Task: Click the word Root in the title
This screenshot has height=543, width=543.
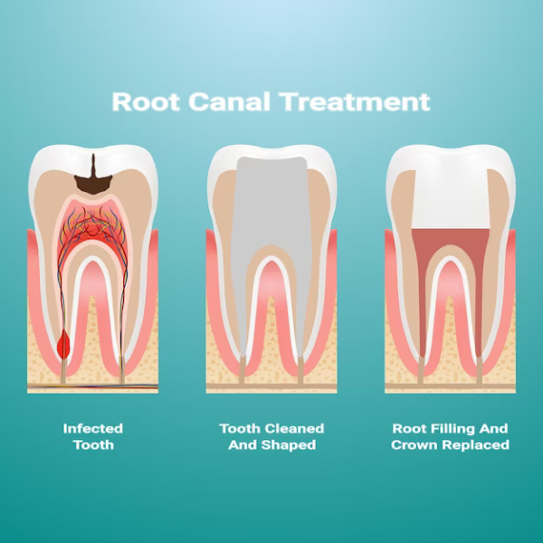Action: pos(146,101)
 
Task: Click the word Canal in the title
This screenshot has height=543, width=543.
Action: pos(229,101)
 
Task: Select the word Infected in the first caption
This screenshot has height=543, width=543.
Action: pos(93,429)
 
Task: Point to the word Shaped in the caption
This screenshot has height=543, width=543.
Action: pos(289,445)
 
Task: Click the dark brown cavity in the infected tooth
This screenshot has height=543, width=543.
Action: pos(93,179)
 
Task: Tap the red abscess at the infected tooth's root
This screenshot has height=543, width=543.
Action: pos(63,344)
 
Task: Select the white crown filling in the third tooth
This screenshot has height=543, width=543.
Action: pos(451,197)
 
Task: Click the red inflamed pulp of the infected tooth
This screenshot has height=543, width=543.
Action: pos(93,230)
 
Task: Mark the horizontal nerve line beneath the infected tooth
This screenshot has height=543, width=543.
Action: pos(93,386)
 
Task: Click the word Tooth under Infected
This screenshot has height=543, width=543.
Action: pos(93,445)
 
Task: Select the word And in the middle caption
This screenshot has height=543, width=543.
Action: pos(242,445)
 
